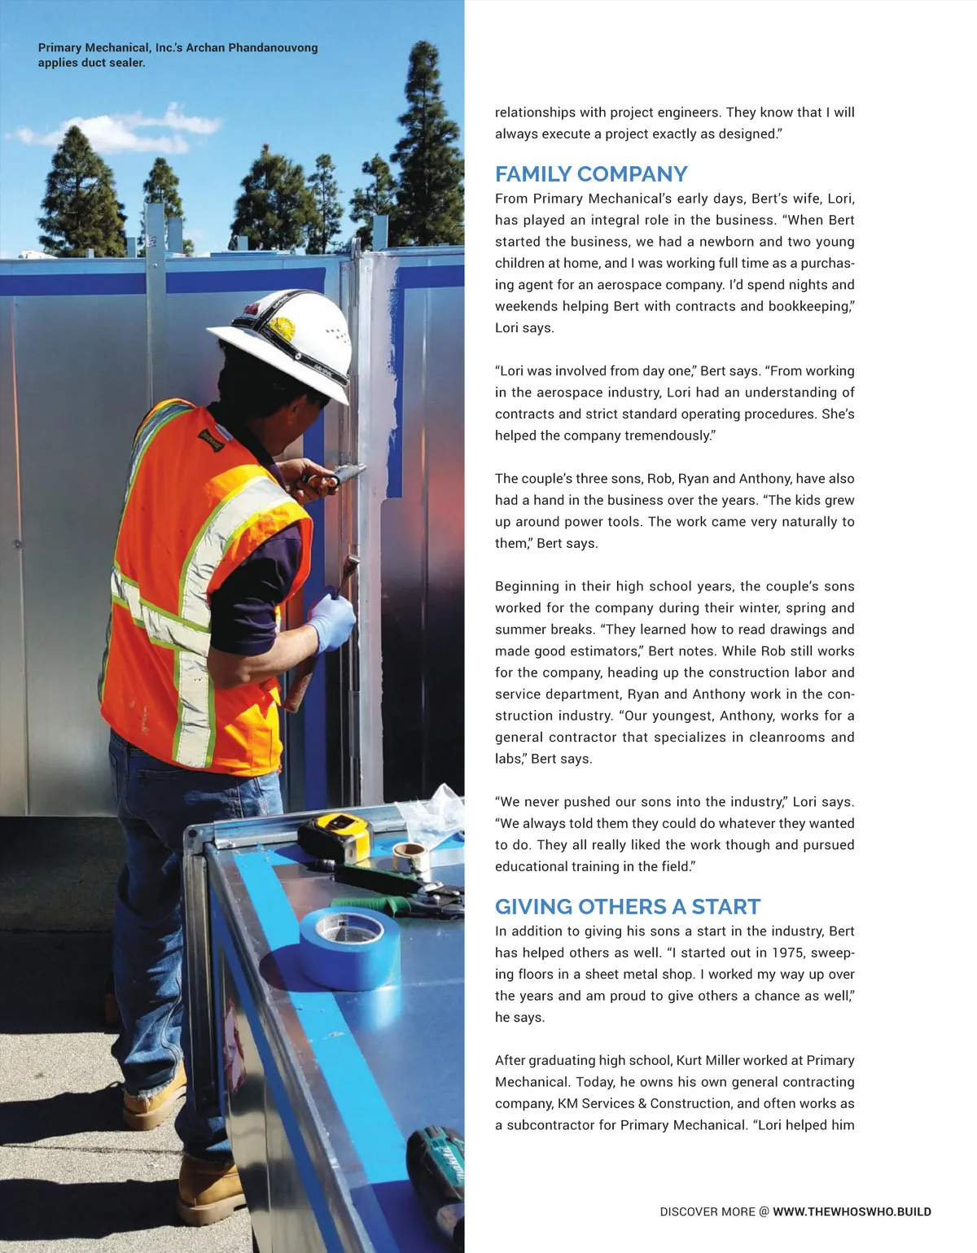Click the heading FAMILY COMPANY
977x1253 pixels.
[591, 174]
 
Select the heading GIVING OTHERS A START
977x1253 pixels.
[627, 907]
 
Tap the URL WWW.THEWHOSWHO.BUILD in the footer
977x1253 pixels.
[852, 1211]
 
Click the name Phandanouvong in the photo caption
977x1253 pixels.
[274, 48]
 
